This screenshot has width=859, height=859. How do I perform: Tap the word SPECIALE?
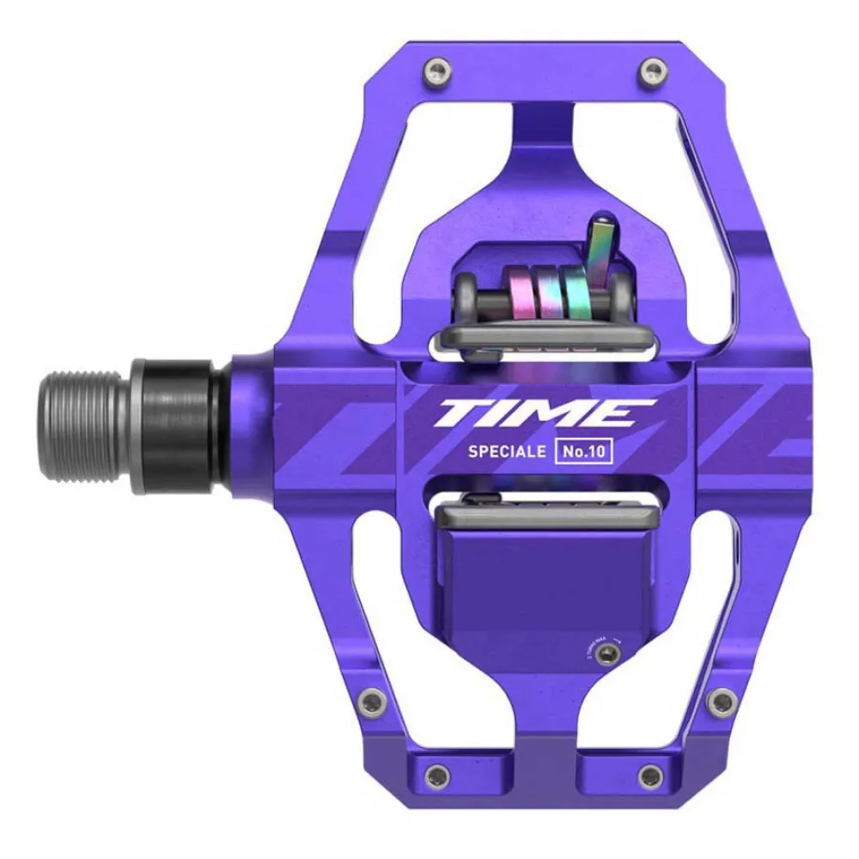506,452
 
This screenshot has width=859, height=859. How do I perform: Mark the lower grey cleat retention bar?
546,516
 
